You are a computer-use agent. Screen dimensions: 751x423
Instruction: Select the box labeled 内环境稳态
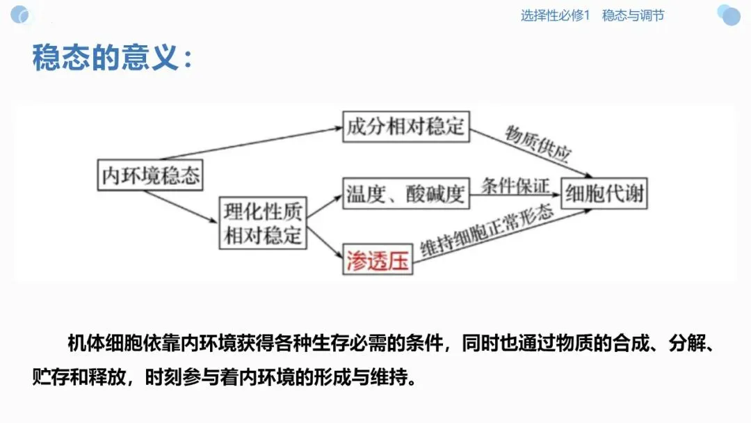tap(150, 175)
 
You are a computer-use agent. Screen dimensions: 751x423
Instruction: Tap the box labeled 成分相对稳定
tap(406, 127)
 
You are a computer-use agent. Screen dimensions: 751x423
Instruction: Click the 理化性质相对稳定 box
tap(263, 222)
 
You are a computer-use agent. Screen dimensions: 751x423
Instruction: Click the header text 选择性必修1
tap(555, 15)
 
